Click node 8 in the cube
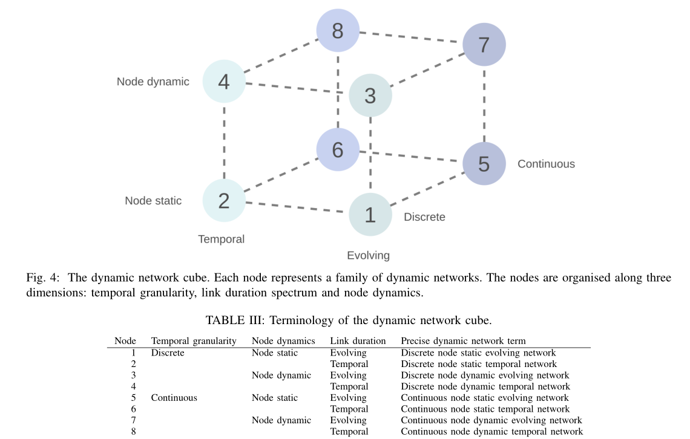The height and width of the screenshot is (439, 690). (x=338, y=30)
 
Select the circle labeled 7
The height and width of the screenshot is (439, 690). (x=484, y=44)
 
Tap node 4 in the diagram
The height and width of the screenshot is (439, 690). (x=224, y=81)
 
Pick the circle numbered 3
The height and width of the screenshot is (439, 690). (x=370, y=95)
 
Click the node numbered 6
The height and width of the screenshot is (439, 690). (x=338, y=149)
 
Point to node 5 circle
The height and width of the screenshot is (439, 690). (x=484, y=163)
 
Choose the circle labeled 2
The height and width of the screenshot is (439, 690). (x=224, y=200)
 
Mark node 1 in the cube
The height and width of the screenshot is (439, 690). (x=370, y=214)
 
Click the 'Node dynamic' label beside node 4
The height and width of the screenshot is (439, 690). (x=153, y=82)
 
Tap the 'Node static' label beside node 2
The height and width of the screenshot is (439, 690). (x=153, y=201)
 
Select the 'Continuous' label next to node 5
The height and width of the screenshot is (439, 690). (x=546, y=164)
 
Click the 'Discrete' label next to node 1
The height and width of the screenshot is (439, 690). (x=424, y=217)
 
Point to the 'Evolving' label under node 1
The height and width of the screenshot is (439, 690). (x=368, y=255)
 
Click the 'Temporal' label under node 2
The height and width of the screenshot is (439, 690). (x=222, y=239)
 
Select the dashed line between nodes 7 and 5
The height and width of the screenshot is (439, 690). (x=484, y=104)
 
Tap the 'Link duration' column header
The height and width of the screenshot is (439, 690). (x=358, y=341)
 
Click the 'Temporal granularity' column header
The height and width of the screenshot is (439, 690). (x=194, y=341)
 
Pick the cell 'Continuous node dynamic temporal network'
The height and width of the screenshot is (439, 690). (x=491, y=432)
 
